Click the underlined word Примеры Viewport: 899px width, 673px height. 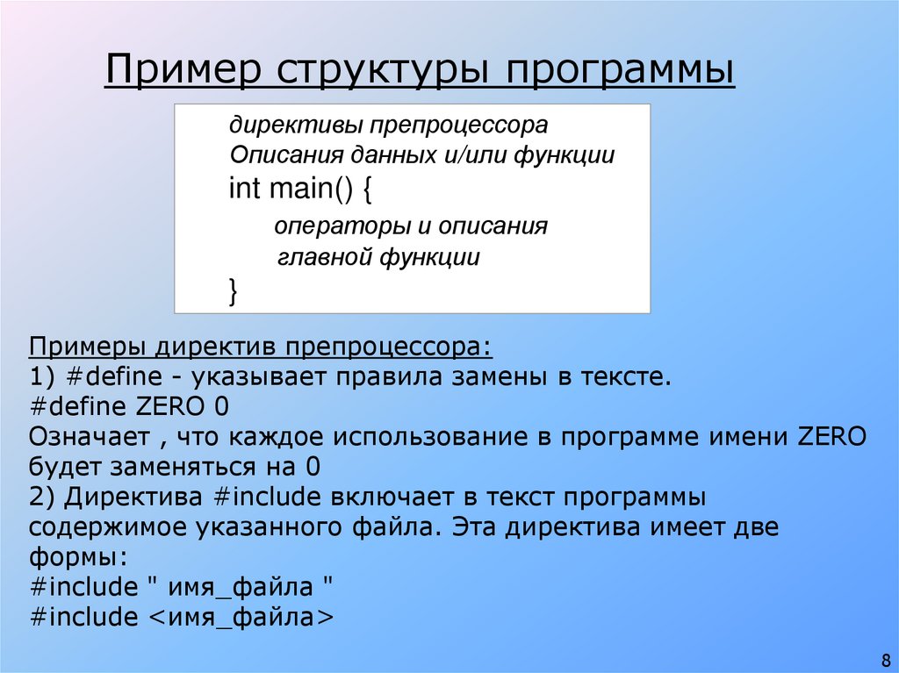pos(88,347)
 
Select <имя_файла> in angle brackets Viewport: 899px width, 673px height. pos(239,616)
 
